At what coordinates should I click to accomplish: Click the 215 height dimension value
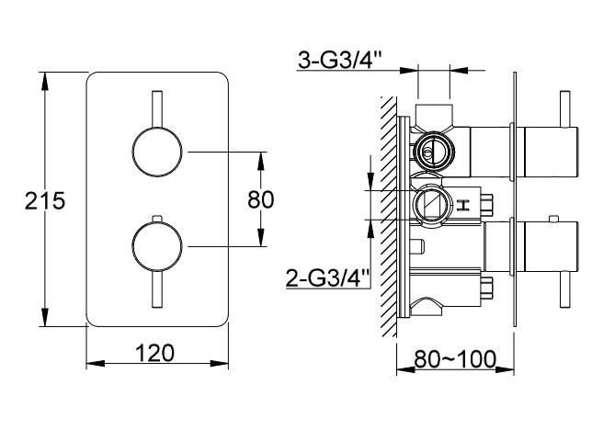45,200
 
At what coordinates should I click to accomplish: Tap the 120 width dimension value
154,353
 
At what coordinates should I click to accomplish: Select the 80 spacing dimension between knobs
260,199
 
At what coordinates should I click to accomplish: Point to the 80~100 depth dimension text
455,358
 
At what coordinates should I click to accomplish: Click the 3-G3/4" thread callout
339,60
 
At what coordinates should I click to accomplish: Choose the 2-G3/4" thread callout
328,277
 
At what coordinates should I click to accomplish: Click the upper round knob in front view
157,152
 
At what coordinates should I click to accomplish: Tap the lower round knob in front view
157,246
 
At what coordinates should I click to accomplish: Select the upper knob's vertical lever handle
157,109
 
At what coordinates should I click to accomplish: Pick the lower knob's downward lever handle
157,289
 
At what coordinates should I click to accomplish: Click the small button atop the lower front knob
157,219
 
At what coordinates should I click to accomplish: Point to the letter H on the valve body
463,205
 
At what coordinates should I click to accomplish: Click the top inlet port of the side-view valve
434,115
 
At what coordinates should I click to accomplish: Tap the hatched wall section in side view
389,216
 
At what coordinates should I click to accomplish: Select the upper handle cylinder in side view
551,152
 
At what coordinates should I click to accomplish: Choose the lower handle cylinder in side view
551,246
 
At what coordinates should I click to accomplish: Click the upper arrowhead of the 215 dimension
45,83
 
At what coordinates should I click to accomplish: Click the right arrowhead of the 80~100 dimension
505,369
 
